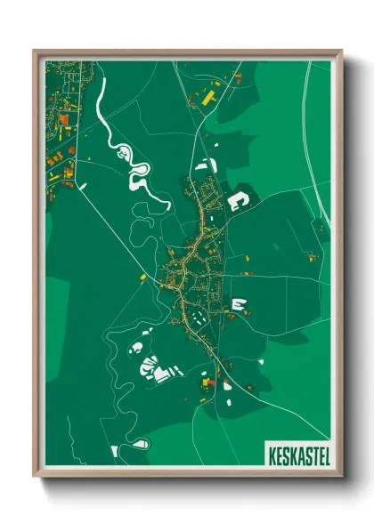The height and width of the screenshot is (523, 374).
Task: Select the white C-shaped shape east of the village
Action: point(238,199)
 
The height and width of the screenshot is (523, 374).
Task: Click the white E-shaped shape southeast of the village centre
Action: point(238,304)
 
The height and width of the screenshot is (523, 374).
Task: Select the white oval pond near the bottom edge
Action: point(139,442)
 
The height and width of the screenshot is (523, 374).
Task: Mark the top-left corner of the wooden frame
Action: point(35,51)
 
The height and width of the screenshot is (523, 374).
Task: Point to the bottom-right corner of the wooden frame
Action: point(341,477)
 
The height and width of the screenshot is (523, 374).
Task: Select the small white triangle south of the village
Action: point(226,384)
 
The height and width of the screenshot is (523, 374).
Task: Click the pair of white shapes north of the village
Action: point(204,165)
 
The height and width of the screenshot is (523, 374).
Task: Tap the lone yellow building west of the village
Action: point(142,278)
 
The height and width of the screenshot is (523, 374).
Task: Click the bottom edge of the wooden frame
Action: point(187,475)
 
